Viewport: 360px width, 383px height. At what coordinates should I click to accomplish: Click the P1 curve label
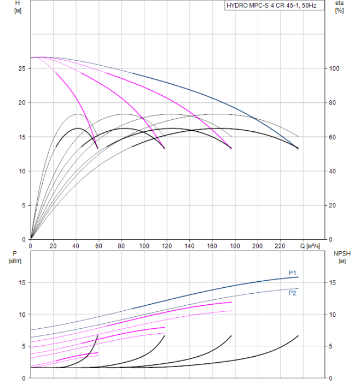pyautogui.click(x=293, y=273)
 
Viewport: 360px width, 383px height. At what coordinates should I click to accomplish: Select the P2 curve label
pyautogui.click(x=293, y=293)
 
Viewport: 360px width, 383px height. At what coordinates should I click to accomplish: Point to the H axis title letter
pyautogui.click(x=18, y=3)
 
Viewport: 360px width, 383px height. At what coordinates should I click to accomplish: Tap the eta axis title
pyautogui.click(x=339, y=3)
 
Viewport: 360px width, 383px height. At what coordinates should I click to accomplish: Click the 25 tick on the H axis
pyautogui.click(x=21, y=68)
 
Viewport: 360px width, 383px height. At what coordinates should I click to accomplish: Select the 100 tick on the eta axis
pyautogui.click(x=334, y=68)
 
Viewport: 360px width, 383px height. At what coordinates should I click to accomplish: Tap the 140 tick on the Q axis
pyautogui.click(x=189, y=246)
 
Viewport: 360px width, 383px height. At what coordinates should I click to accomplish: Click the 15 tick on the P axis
pyautogui.click(x=21, y=283)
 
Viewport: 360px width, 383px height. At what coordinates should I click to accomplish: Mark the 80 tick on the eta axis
pyautogui.click(x=333, y=103)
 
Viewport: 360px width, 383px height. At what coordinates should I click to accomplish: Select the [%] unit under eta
pyautogui.click(x=339, y=11)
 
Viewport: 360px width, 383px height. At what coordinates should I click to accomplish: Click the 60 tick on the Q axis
pyautogui.click(x=98, y=246)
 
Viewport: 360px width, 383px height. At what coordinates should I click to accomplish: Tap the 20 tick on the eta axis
pyautogui.click(x=333, y=205)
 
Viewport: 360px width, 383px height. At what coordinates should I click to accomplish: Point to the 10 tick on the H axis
pyautogui.click(x=21, y=171)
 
